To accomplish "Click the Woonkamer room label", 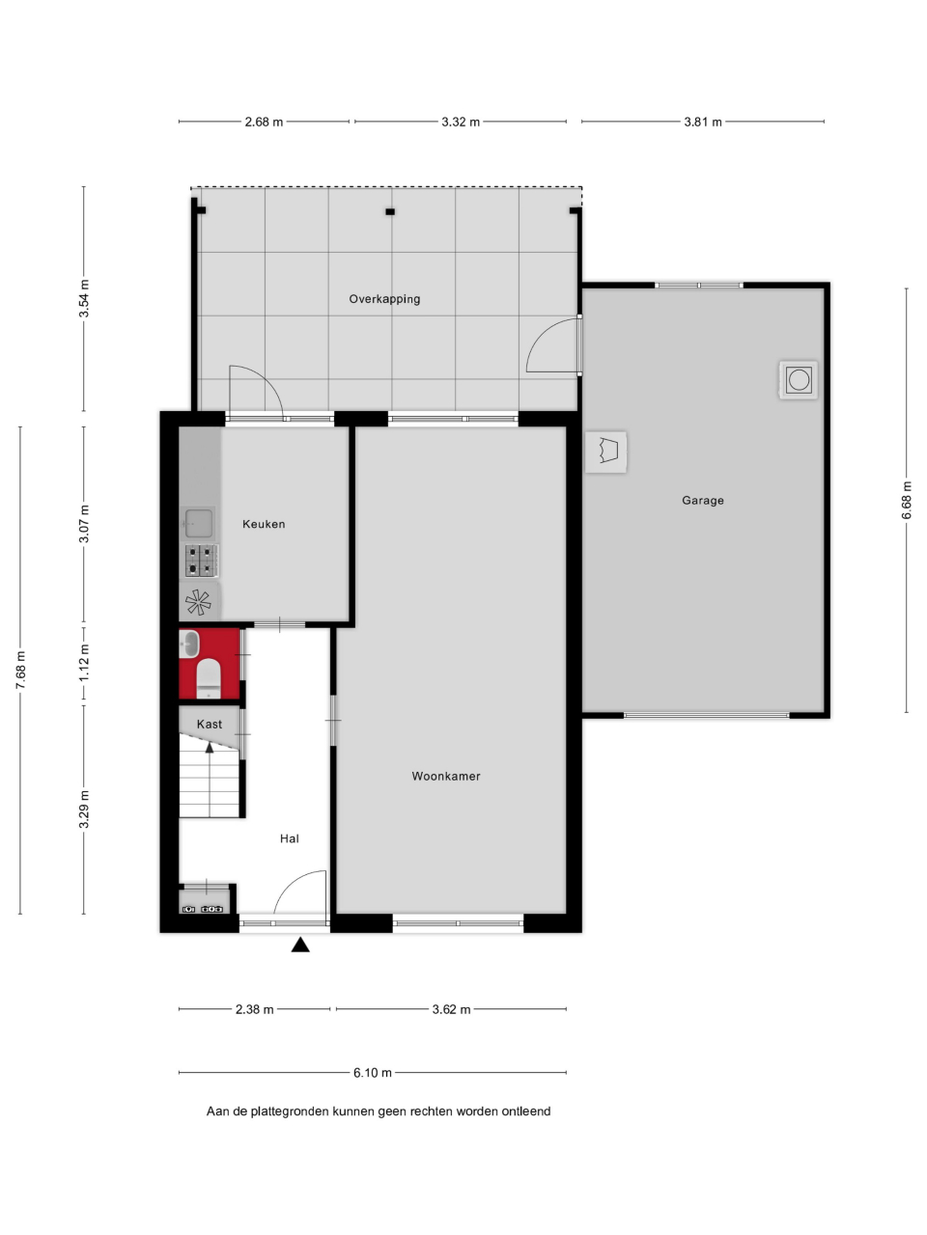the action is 446,777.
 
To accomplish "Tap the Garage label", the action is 702,500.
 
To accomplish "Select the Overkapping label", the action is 384,299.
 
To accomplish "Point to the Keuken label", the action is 264,524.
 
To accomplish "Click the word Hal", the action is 290,838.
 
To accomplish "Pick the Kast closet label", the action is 210,725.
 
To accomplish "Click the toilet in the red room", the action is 209,678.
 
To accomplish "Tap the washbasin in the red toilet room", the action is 189,644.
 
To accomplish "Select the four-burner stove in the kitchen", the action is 201,561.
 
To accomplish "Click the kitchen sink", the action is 199,523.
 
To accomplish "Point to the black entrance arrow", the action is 300,945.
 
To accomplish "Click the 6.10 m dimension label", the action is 372,1072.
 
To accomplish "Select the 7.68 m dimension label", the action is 21,670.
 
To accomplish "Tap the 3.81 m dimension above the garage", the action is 702,122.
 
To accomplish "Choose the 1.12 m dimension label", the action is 84,662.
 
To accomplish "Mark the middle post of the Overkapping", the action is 390,211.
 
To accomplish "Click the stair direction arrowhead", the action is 210,747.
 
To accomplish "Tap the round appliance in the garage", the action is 799,380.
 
